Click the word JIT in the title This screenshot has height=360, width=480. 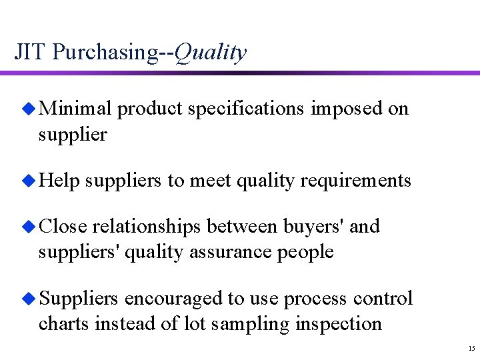30,51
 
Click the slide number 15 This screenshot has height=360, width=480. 471,349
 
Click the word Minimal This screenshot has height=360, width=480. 75,109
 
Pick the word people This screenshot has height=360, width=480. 303,253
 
